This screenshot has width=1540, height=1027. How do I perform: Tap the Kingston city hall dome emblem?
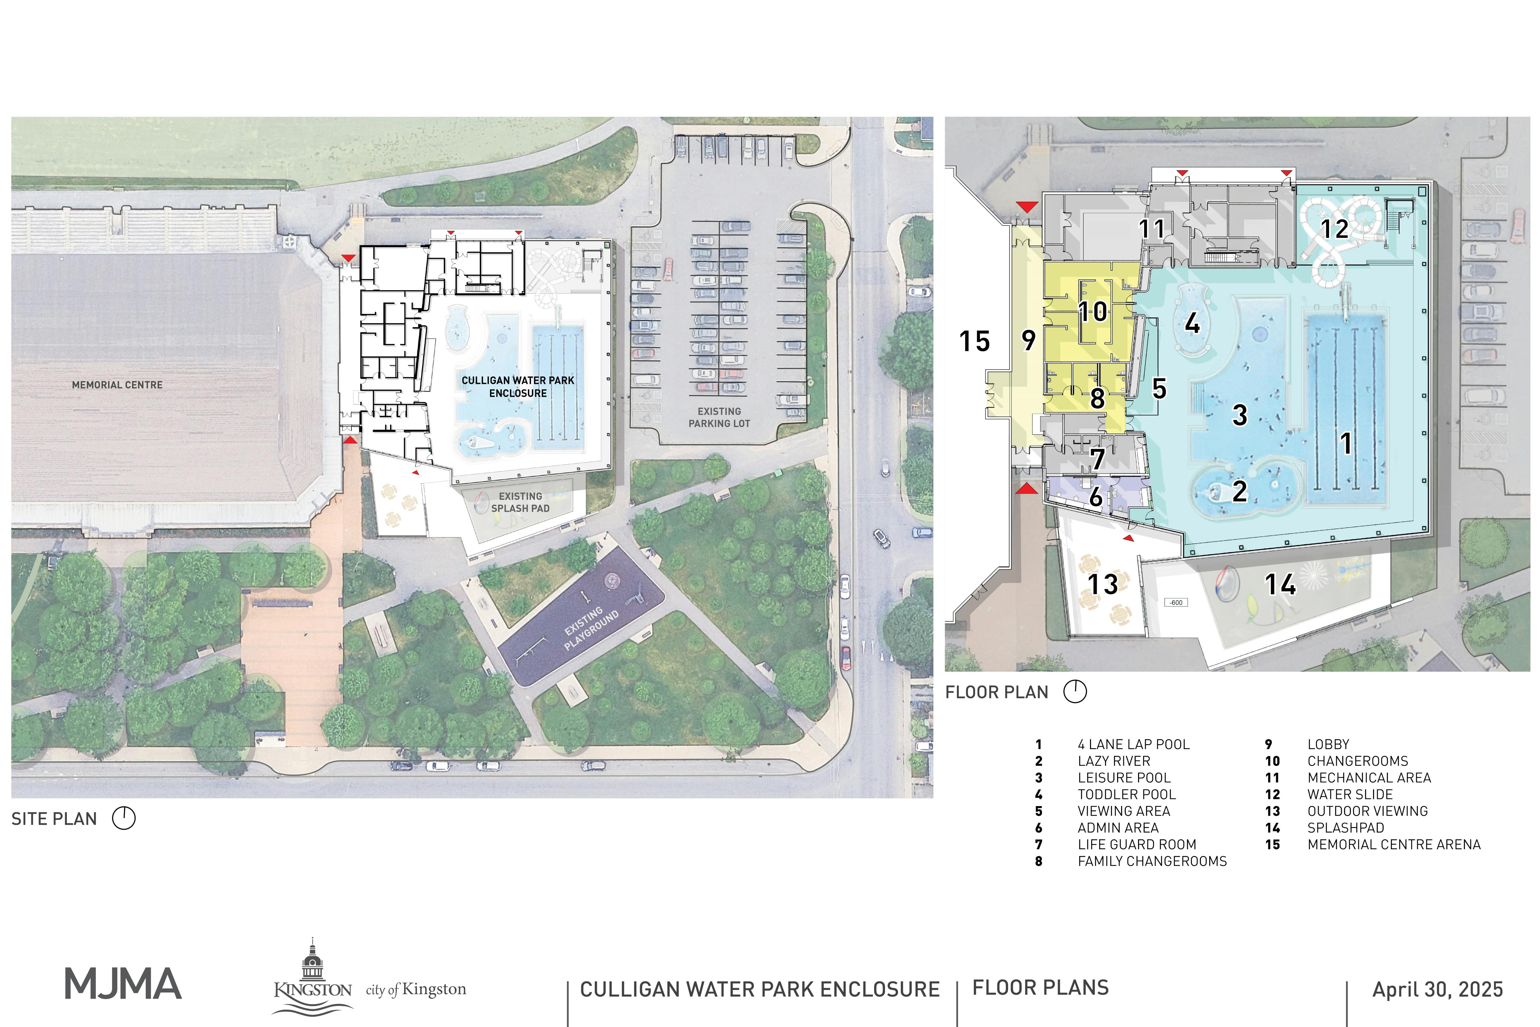(313, 963)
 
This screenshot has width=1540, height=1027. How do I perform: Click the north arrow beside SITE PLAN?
(124, 818)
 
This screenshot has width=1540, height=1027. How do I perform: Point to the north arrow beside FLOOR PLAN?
(1075, 692)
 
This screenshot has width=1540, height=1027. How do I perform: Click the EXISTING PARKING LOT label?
(719, 417)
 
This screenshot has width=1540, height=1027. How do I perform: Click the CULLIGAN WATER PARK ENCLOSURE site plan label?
(518, 386)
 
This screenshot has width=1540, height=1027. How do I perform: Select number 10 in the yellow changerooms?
(1093, 312)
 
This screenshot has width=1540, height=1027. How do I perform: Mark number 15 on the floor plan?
(974, 341)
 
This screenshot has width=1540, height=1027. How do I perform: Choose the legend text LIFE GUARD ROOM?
(1137, 844)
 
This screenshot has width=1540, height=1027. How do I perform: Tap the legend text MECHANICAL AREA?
(1369, 777)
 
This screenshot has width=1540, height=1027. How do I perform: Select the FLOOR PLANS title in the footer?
(1040, 988)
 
